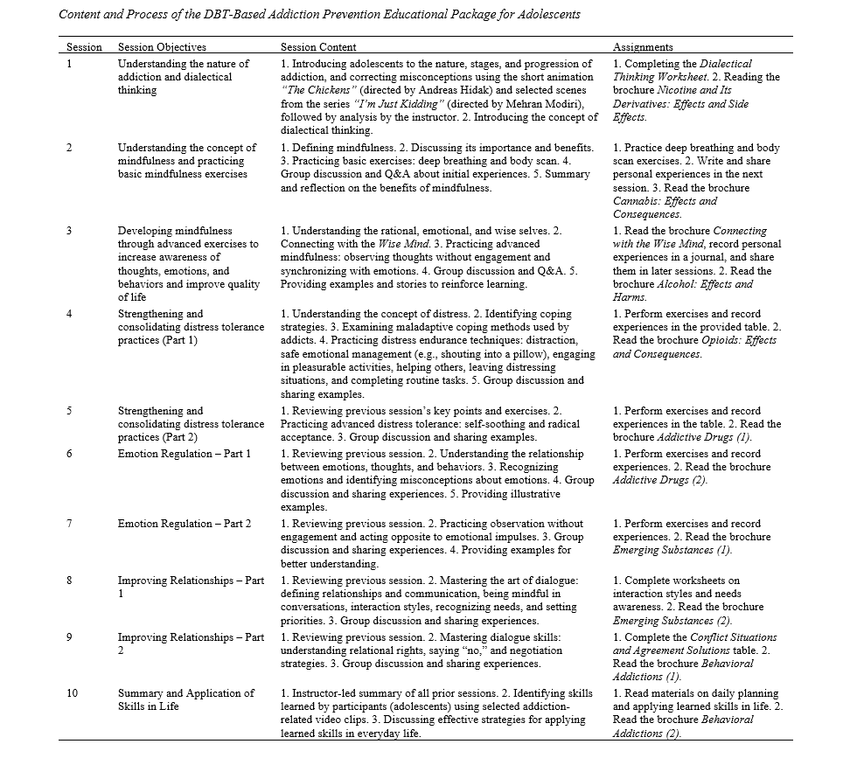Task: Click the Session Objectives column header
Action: [x=162, y=47]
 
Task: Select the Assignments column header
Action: [x=643, y=47]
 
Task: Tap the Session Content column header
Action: [x=318, y=47]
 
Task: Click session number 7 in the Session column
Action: [x=70, y=524]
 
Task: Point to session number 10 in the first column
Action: [x=73, y=693]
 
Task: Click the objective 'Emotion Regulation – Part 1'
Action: [x=184, y=454]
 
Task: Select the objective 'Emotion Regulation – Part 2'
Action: [x=184, y=524]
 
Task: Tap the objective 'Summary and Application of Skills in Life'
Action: [x=186, y=699]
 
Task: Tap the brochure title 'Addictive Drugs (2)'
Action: [x=660, y=480]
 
